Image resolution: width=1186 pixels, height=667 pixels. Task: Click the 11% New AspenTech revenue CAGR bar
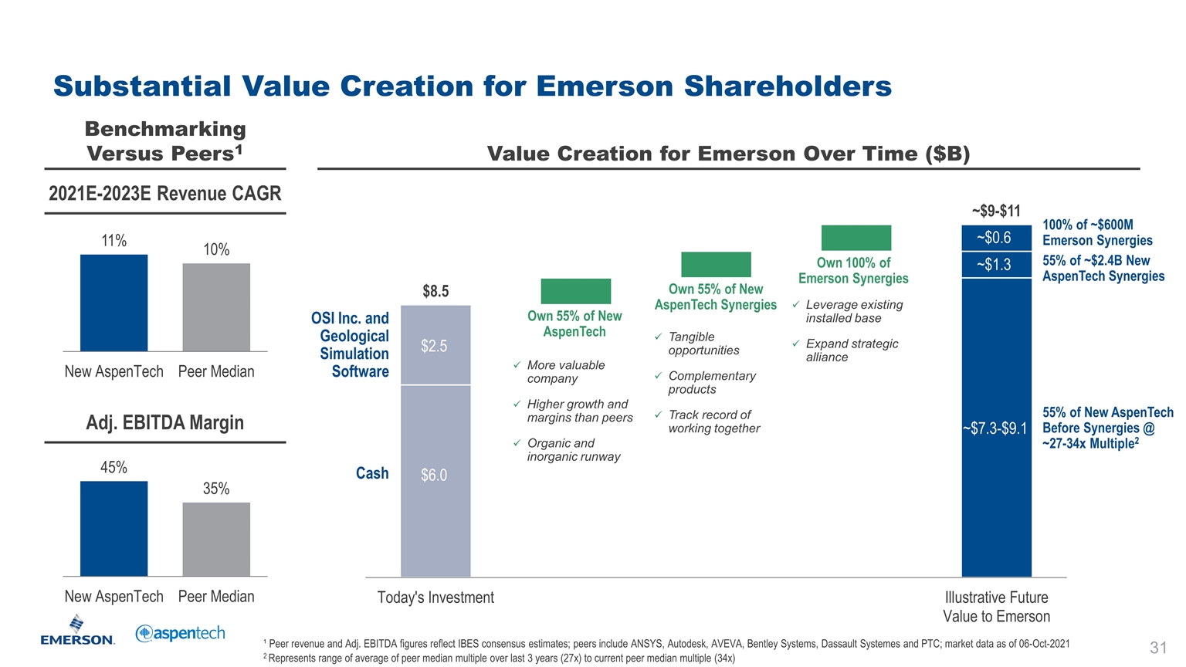coord(114,303)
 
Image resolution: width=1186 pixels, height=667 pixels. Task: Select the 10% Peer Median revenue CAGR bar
coord(216,307)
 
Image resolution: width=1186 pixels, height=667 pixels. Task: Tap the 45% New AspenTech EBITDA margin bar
coord(114,528)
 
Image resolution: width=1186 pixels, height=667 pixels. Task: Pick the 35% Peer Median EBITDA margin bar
coord(216,539)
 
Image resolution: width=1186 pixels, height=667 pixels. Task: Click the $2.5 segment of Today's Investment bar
coord(435,345)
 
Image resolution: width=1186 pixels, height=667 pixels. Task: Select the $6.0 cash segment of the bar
coord(435,479)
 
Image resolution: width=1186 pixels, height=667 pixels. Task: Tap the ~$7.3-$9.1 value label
coord(995,428)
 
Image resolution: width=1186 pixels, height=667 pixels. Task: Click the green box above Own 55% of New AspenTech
coord(575,291)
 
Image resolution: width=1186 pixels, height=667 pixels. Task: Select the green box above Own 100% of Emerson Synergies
coord(856,238)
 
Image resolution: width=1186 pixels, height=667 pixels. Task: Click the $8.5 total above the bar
coord(435,291)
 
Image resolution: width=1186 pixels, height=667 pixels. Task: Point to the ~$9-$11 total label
coord(995,211)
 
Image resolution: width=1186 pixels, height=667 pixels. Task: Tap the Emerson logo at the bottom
coord(77,630)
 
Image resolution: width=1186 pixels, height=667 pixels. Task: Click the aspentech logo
coord(181,633)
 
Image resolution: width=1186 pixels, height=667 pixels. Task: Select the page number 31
coord(1157,648)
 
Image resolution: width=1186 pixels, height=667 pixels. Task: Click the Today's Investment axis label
coord(435,598)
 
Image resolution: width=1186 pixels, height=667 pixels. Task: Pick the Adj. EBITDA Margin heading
coord(164,423)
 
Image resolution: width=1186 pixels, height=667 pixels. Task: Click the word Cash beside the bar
coord(372,473)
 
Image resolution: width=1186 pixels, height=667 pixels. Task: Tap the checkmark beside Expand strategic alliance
coord(795,344)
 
